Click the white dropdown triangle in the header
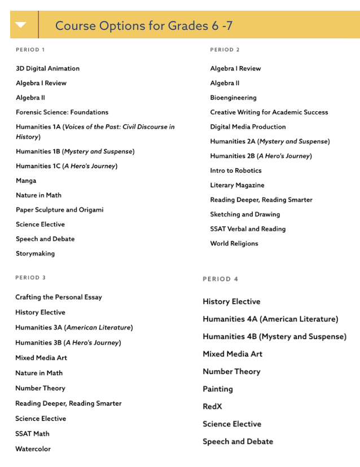coord(21,25)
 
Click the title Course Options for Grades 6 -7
coord(144,26)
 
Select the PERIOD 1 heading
coord(30,50)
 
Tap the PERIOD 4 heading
coord(220,279)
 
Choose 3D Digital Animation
coord(47,68)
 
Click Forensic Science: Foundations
coord(62,112)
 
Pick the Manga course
coord(26,180)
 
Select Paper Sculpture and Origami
coord(59,210)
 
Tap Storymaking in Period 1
coord(35,254)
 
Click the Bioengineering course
coord(233,98)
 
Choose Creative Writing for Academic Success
coord(269,112)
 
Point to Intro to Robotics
coord(236,170)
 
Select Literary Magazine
coord(237,185)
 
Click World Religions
coord(234,244)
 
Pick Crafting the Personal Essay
coord(59,297)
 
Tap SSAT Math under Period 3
coord(32,434)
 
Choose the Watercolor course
coord(33,449)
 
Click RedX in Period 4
coord(213,407)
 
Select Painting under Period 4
coord(218,389)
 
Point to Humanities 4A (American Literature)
coord(270,319)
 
